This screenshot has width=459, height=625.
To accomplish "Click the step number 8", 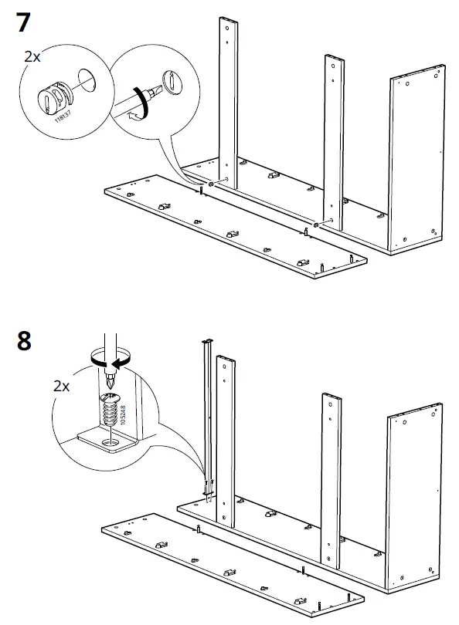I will point(24,340).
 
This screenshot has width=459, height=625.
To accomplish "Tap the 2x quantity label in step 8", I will point(63,386).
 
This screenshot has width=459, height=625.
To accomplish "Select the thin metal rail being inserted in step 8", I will point(206,417).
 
